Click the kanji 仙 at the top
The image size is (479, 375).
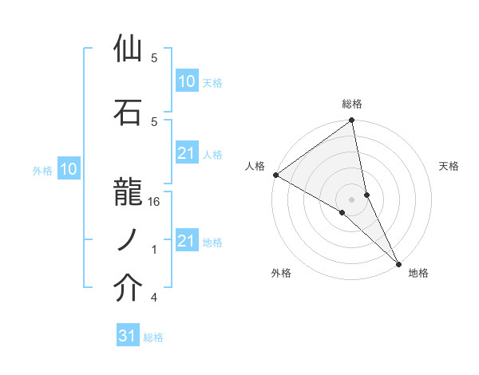(x=129, y=49)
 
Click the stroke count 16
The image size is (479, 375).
(x=155, y=202)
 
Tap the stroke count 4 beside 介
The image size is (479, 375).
(x=154, y=298)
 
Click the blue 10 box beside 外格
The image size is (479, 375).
(x=69, y=169)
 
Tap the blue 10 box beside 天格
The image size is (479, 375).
(x=186, y=81)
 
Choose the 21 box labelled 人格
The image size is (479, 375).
(x=186, y=153)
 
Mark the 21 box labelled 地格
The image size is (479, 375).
(x=186, y=241)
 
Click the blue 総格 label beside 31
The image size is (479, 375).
(x=153, y=337)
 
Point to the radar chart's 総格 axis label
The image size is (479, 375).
(x=352, y=104)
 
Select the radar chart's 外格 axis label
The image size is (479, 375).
(x=281, y=273)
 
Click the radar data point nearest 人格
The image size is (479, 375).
(x=275, y=175)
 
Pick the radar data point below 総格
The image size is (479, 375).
(x=352, y=120)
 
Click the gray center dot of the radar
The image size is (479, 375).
(x=352, y=198)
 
